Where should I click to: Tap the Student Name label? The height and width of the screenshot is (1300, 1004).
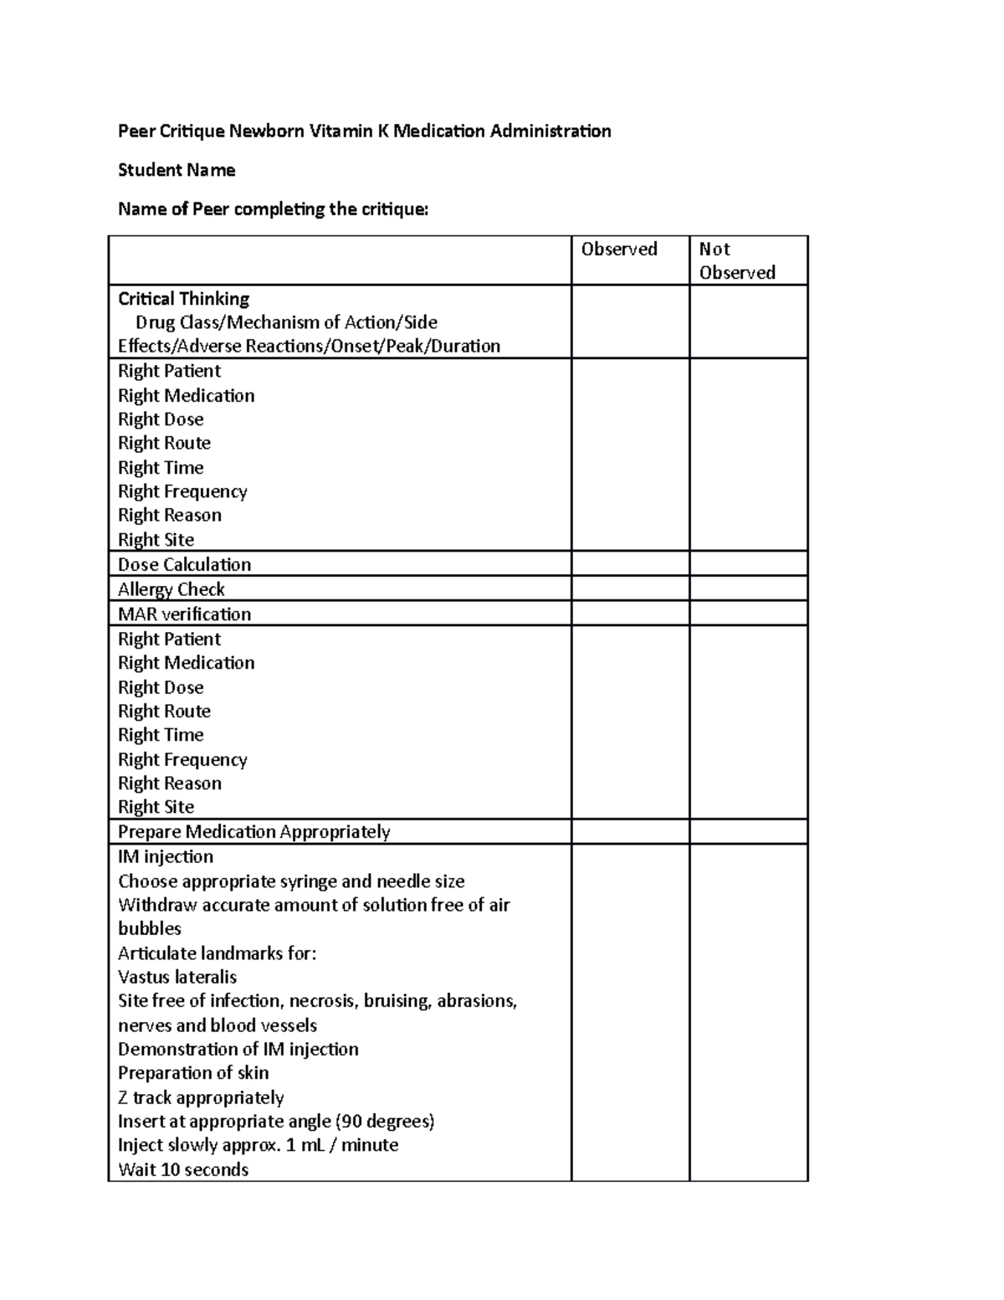click(x=177, y=170)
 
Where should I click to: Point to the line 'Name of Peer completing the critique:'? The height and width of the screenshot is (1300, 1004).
click(x=273, y=209)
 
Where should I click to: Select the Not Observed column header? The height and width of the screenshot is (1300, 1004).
click(x=737, y=260)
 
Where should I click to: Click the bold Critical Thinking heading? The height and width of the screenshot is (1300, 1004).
click(x=183, y=299)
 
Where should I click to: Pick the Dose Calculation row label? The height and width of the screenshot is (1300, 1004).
click(x=184, y=564)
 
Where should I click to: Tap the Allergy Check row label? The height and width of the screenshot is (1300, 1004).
click(x=171, y=589)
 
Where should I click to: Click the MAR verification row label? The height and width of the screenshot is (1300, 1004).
click(x=184, y=614)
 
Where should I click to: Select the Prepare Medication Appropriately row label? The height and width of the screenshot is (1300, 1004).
click(x=254, y=831)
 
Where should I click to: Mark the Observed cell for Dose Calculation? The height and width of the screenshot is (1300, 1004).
click(x=630, y=563)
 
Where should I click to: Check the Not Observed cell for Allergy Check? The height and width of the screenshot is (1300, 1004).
click(x=748, y=588)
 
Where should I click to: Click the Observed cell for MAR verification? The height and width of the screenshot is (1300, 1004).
click(x=630, y=613)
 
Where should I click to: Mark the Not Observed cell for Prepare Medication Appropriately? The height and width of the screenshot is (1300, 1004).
click(x=748, y=831)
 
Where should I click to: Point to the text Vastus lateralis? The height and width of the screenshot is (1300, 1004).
click(x=177, y=977)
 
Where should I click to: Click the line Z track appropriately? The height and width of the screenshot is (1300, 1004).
click(x=201, y=1097)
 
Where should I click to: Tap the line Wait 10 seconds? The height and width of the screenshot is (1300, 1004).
click(x=183, y=1169)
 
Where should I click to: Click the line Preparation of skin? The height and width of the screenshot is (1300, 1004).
click(x=193, y=1072)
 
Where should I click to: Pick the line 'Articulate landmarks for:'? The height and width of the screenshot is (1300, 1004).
click(x=218, y=953)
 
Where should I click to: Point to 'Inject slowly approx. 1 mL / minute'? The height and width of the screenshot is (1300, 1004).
click(x=258, y=1144)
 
